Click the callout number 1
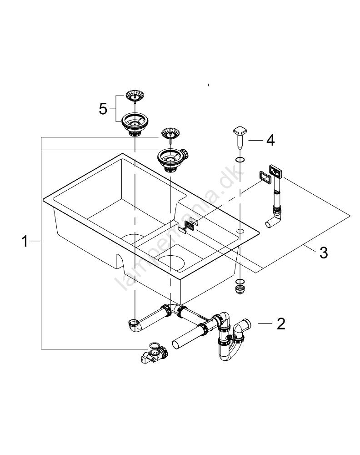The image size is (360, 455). [25, 242]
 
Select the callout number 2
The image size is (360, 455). [281, 324]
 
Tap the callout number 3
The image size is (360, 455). [323, 253]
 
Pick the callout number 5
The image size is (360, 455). [103, 109]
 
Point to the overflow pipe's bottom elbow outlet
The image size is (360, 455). [271, 222]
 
